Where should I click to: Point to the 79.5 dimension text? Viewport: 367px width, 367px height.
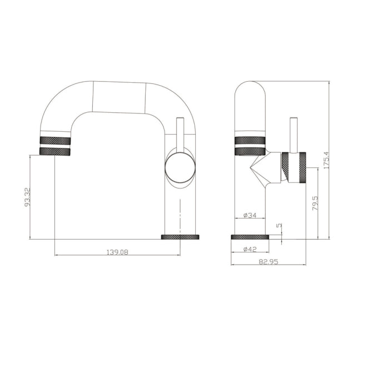click(x=315, y=204)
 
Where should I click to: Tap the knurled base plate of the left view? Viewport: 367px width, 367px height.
click(x=180, y=237)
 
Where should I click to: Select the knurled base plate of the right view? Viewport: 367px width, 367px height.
click(x=250, y=237)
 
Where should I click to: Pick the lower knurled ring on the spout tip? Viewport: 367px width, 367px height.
click(x=56, y=151)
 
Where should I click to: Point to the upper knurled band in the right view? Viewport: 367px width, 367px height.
click(x=249, y=139)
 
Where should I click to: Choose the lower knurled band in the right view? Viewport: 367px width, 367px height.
click(x=249, y=151)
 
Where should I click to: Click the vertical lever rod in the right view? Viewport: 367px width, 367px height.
click(x=294, y=133)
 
